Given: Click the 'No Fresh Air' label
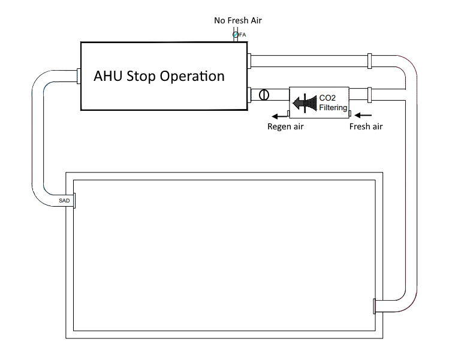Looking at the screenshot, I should pyautogui.click(x=238, y=20).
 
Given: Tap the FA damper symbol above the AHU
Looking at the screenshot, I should pyautogui.click(x=236, y=35).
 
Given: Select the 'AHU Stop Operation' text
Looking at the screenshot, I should pyautogui.click(x=159, y=77).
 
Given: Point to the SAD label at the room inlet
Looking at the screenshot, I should pyautogui.click(x=64, y=200).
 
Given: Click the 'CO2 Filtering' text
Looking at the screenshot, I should pyautogui.click(x=332, y=103).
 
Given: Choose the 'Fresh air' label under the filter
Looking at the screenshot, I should pyautogui.click(x=366, y=126).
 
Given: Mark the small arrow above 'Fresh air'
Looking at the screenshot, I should pyautogui.click(x=365, y=115).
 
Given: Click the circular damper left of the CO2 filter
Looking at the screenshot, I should pyautogui.click(x=263, y=95).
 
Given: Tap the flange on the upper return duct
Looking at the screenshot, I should pyautogui.click(x=369, y=60).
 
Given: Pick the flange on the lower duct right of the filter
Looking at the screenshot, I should pyautogui.click(x=369, y=94).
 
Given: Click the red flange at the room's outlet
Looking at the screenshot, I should pyautogui.click(x=374, y=305).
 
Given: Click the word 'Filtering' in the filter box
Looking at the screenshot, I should pyautogui.click(x=333, y=108).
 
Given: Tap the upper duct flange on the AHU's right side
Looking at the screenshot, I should pyautogui.click(x=249, y=60).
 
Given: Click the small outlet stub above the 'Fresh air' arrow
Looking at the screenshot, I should pyautogui.click(x=349, y=112).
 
